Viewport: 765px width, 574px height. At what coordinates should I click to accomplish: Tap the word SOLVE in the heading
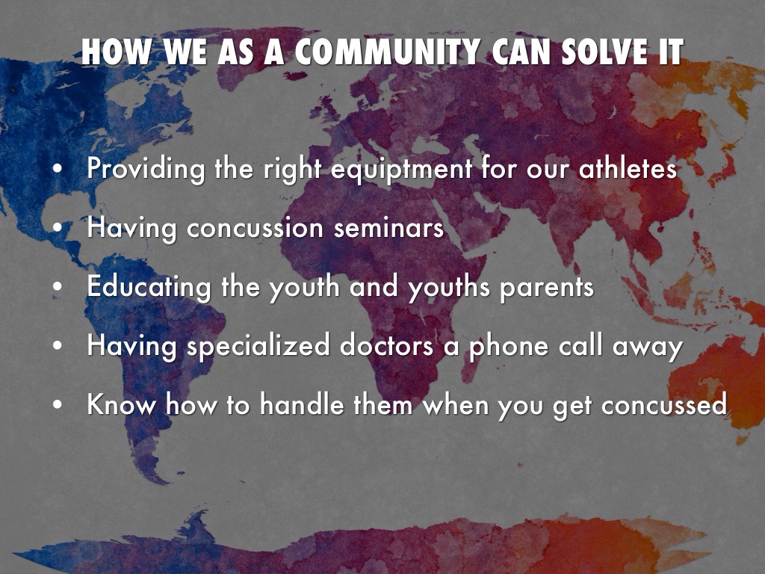click(x=603, y=52)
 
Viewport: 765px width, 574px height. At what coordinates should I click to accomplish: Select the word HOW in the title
click(x=117, y=52)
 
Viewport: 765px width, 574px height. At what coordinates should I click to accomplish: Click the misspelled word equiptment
click(x=401, y=169)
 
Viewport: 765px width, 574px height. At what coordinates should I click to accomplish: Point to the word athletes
click(x=628, y=168)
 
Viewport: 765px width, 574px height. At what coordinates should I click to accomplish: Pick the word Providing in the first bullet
click(x=146, y=169)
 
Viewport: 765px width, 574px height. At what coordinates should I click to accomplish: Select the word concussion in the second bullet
click(x=255, y=228)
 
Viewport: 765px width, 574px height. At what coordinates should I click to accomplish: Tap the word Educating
click(x=149, y=286)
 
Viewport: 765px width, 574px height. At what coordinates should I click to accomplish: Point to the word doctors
click(x=386, y=345)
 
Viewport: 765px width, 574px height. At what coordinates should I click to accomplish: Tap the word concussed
click(x=664, y=404)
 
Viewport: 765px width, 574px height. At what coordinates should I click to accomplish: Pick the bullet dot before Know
click(x=58, y=405)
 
